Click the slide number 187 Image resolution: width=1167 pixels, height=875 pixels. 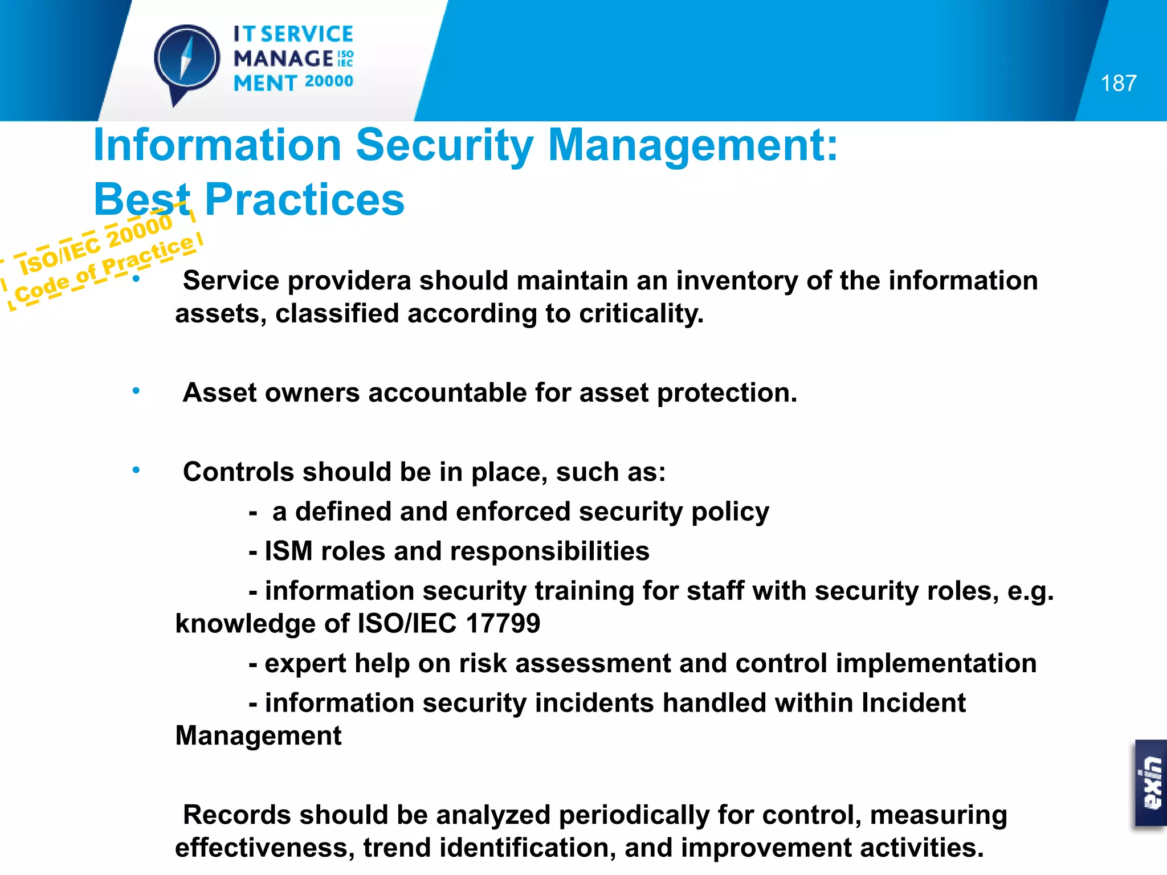click(1118, 84)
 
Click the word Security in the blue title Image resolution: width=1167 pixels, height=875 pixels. click(444, 145)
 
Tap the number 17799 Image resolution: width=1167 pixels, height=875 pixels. click(503, 624)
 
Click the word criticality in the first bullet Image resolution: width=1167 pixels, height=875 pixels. click(641, 314)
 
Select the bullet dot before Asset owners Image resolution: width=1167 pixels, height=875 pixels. click(136, 391)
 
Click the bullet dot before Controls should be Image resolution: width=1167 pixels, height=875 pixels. click(136, 471)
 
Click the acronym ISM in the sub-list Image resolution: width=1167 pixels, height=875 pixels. click(288, 551)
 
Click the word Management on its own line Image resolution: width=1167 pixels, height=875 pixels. click(258, 736)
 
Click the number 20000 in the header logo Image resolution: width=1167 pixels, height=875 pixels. click(329, 81)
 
